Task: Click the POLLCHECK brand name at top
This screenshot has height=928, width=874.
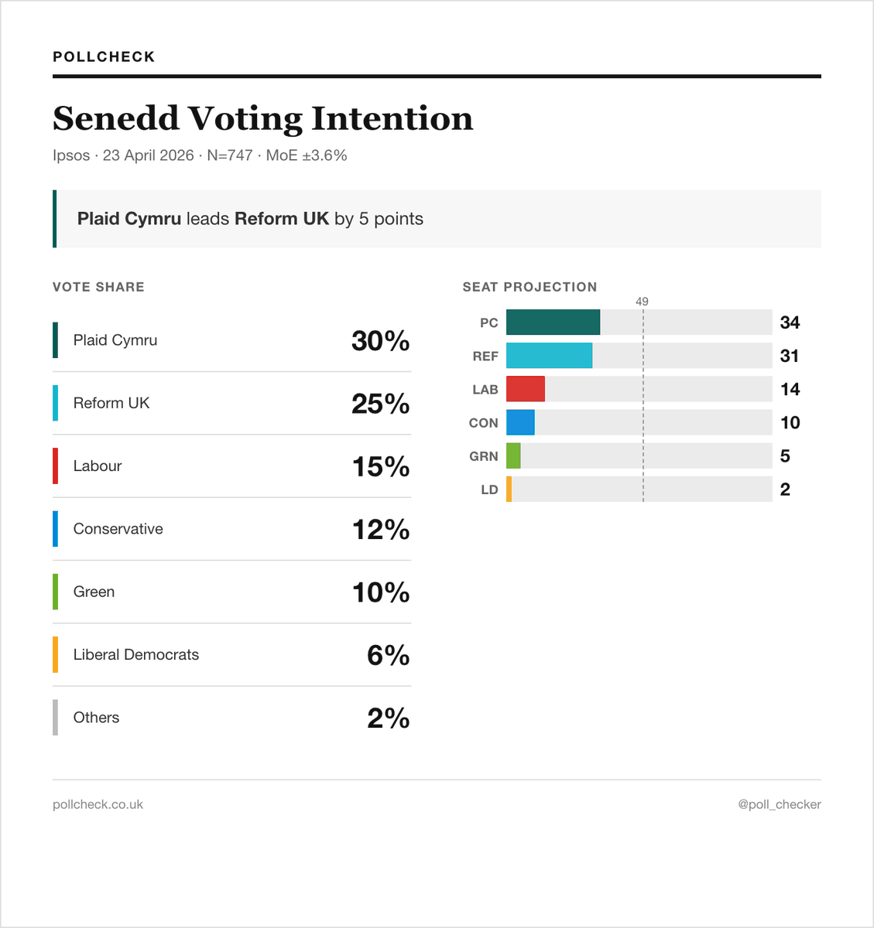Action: point(104,56)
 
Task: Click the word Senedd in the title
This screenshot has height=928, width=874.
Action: point(116,118)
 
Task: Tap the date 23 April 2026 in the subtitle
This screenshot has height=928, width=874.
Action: point(148,155)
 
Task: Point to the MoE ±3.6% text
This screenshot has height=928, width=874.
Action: point(306,155)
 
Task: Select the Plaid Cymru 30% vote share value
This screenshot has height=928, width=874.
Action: point(380,341)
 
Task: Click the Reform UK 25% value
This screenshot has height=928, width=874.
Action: point(380,404)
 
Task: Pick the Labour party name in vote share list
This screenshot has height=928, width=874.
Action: point(98,466)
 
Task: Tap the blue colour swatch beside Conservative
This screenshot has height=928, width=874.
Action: point(55,529)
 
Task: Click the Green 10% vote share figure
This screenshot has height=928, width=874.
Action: point(380,592)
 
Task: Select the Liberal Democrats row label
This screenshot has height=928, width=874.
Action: point(135,654)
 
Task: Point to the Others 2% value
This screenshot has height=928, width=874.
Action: point(388,718)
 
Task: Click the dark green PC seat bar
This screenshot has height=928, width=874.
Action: point(553,322)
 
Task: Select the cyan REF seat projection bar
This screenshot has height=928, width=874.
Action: point(549,356)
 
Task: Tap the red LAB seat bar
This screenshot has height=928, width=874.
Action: point(526,389)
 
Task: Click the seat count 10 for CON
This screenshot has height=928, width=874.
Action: point(790,422)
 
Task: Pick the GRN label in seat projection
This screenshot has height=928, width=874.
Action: point(483,456)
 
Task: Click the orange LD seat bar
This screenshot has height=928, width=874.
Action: point(509,490)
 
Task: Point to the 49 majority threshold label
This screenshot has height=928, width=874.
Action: point(642,302)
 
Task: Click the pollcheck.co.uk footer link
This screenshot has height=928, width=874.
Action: point(98,804)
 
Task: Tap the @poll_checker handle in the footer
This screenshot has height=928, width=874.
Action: point(779,804)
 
